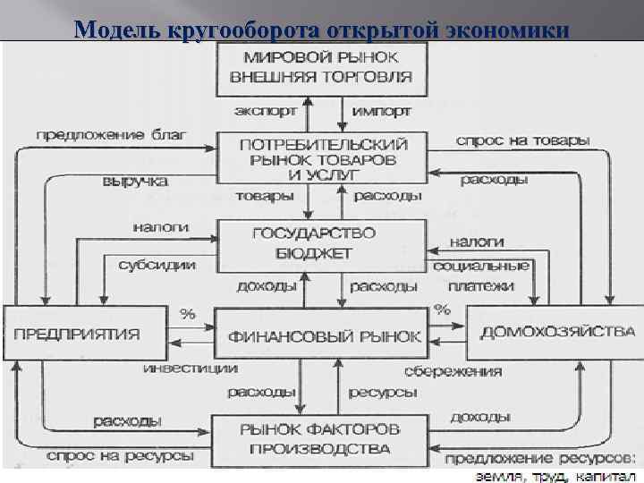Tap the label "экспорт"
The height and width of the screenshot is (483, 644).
263,112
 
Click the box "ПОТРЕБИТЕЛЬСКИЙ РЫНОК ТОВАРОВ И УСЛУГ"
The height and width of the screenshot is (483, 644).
324,158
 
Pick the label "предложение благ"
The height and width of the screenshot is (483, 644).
111,135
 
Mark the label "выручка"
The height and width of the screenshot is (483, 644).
137,181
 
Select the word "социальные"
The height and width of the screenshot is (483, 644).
481,266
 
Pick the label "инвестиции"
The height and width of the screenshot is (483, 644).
191,368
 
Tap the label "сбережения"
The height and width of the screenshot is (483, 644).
453,370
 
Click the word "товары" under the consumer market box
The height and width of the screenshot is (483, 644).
264,196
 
